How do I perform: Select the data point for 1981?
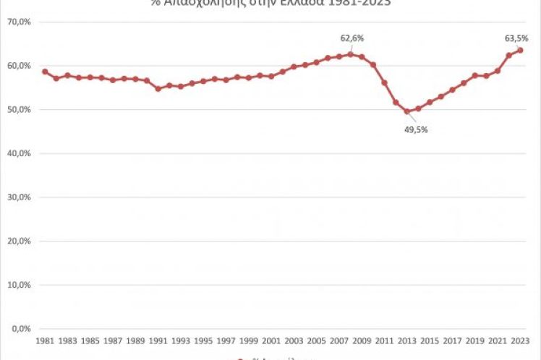pos(45,72)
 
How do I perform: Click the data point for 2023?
pos(521,50)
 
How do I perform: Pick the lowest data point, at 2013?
pos(407,111)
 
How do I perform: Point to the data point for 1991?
pos(158,88)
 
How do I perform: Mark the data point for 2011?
pos(385,82)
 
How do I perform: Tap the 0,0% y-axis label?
pos(20,329)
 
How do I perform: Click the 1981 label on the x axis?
pos(45,340)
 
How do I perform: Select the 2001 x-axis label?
pos(271,340)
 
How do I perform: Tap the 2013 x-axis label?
pos(407,340)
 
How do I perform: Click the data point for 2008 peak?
pos(351,54)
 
